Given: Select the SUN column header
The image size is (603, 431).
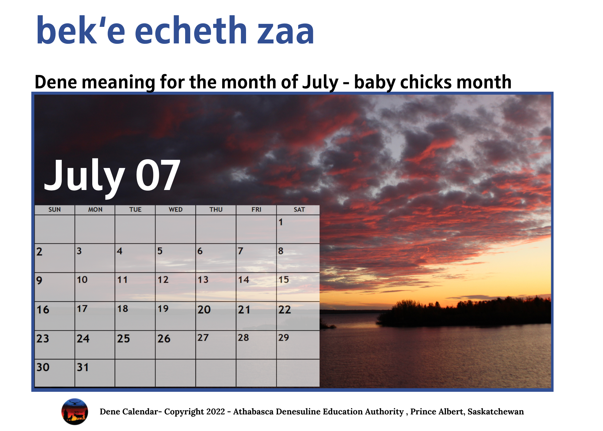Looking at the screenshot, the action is [x=55, y=210].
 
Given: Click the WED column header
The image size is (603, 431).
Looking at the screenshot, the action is [x=175, y=210].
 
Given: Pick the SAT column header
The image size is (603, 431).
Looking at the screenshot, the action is [x=299, y=210].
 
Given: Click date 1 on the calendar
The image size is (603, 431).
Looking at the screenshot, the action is [x=281, y=222].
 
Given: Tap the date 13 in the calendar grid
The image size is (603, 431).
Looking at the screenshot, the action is [x=203, y=280].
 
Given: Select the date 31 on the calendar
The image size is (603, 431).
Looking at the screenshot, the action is [x=83, y=367].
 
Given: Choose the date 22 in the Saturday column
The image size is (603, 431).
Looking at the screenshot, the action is [x=284, y=309].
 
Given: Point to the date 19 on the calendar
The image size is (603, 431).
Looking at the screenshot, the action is [x=163, y=309].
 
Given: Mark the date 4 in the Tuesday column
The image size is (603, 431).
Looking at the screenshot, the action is [x=120, y=251].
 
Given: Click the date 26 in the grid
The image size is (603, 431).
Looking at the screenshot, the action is [x=164, y=338].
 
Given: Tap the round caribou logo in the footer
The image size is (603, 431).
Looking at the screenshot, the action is [x=75, y=412].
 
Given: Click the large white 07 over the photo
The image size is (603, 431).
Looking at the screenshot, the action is [x=158, y=175].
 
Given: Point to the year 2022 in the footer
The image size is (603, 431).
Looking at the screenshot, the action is [x=214, y=412].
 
